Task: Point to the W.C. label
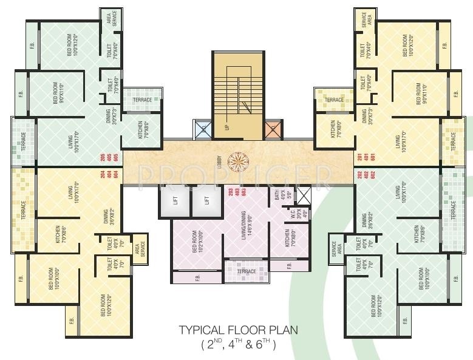click(x=294, y=213)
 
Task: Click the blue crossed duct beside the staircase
click(x=203, y=129)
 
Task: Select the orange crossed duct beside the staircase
click(x=272, y=129)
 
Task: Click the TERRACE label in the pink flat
click(x=247, y=271)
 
